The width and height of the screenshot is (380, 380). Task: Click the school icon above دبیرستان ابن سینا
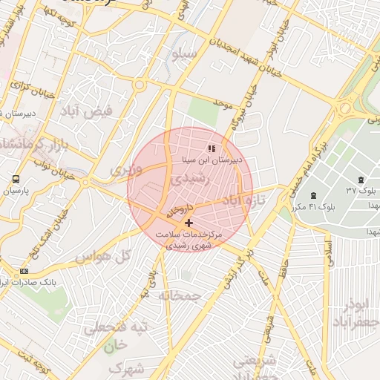point(212,148)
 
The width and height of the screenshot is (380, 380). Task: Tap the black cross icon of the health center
point(189,223)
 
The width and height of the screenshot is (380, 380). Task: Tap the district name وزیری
point(122,170)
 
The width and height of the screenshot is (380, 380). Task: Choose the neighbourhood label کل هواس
point(105,256)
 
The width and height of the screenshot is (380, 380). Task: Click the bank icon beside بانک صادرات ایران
point(24,272)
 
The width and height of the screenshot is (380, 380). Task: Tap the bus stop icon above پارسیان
point(16,180)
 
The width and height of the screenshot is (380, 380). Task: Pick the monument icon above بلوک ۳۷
point(361,180)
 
